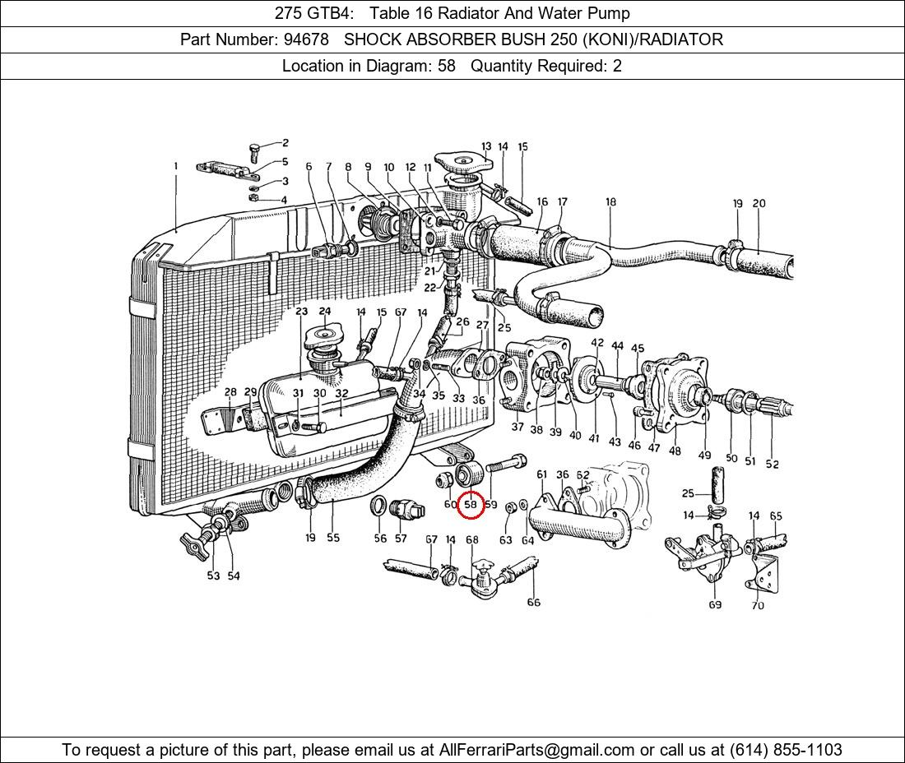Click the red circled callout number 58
tap(471, 504)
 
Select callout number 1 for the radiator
tap(175, 166)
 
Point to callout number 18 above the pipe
tap(610, 201)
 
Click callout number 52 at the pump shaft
tap(772, 464)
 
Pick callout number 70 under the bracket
tap(757, 606)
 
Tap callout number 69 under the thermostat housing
tap(714, 605)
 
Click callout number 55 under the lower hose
tap(332, 538)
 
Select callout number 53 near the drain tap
tap(213, 576)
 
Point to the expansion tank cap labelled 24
tap(322, 337)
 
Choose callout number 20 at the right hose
tap(759, 204)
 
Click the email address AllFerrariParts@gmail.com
tap(537, 750)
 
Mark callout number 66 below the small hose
tap(533, 602)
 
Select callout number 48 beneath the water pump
tap(675, 451)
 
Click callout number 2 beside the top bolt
tap(285, 143)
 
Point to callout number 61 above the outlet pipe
tap(541, 474)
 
